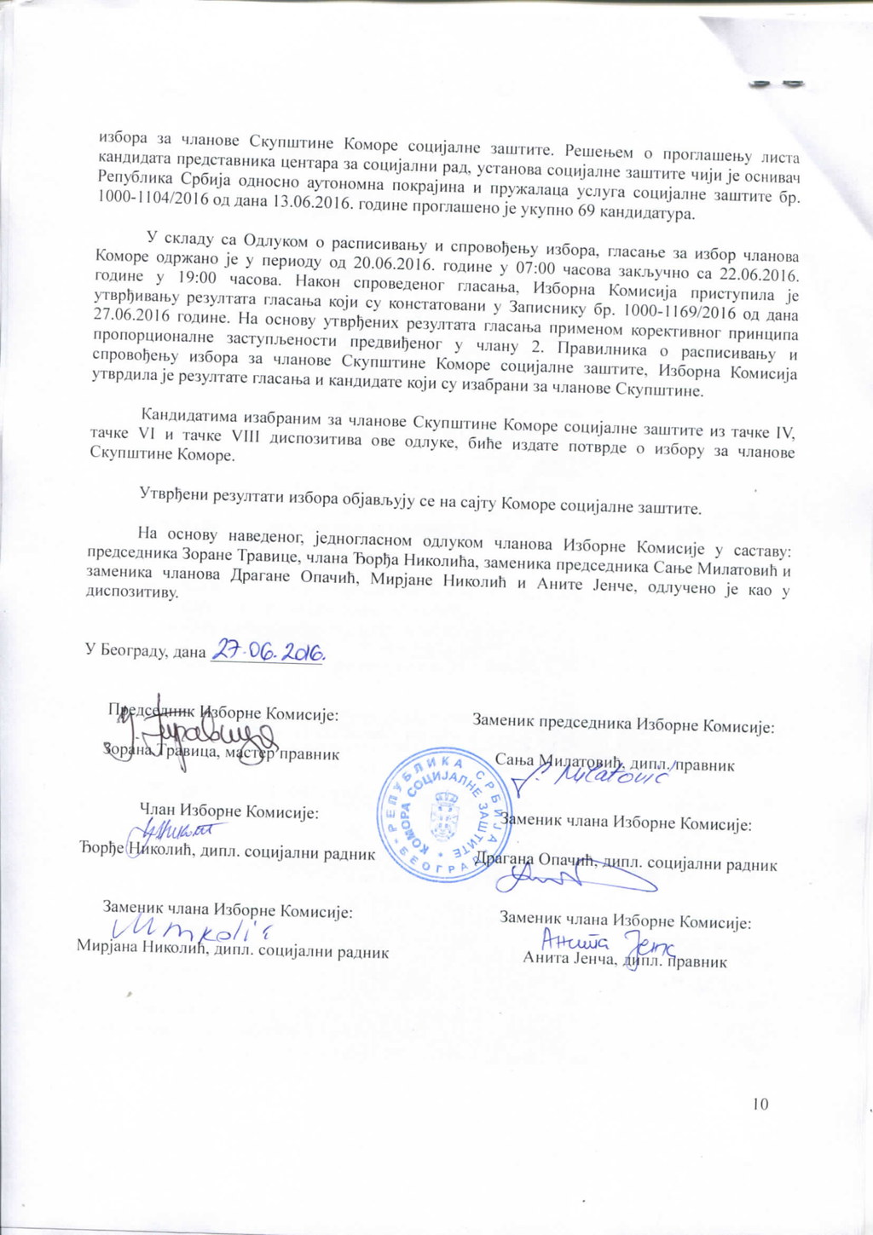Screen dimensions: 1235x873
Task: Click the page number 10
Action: coord(760,1104)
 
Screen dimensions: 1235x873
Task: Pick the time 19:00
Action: coord(194,279)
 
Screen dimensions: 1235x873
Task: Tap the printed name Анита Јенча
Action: coord(569,961)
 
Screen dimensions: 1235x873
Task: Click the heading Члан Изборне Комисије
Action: coord(229,812)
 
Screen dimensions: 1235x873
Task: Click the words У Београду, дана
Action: coord(145,651)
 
